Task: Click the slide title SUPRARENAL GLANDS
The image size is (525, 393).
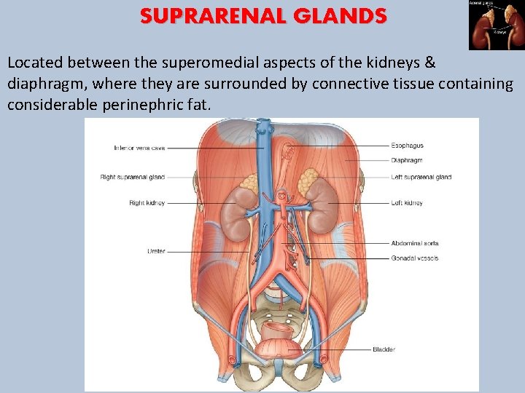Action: (264, 16)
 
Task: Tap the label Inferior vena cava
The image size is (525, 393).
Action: (139, 148)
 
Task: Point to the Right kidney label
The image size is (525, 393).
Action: (147, 203)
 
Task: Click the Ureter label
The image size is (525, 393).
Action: (156, 251)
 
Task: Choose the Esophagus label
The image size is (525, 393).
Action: (407, 146)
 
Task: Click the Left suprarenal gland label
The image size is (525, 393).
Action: (421, 177)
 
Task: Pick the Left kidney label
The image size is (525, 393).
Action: (407, 203)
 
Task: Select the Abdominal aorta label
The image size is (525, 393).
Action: (415, 243)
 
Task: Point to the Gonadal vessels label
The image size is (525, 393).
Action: (415, 258)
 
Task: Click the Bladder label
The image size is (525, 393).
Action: (384, 350)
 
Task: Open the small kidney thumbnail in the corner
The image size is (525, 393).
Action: (496, 24)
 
